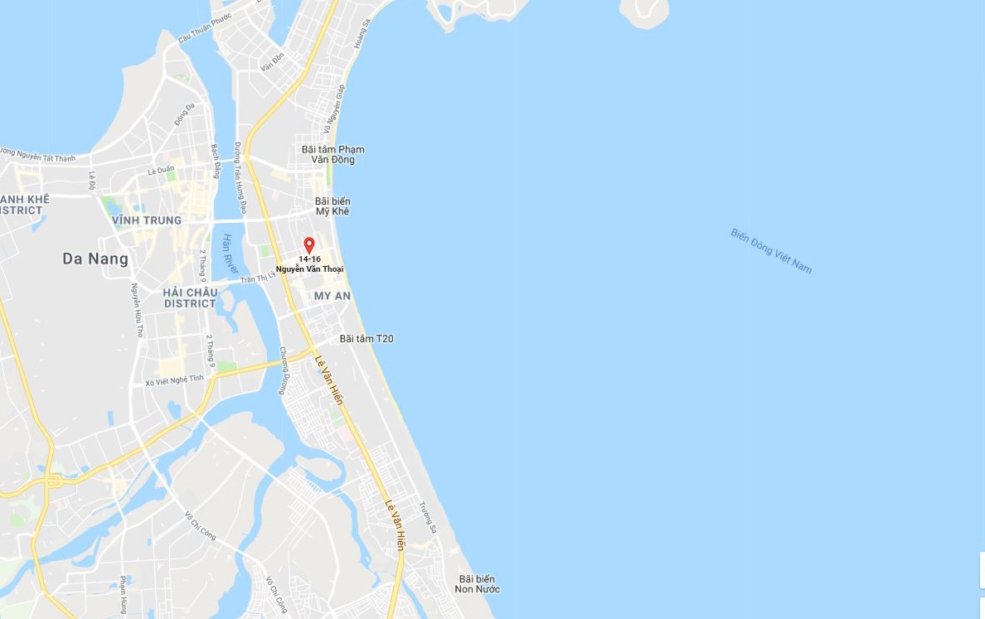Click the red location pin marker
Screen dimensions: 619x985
point(309,245)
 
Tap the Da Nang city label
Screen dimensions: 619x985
point(95,259)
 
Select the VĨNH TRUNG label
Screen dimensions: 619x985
point(146,220)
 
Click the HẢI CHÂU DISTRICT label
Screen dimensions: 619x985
point(190,298)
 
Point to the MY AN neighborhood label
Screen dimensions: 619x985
point(332,296)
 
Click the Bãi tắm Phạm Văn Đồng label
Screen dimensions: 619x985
point(332,155)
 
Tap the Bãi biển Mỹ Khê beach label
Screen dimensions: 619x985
point(332,206)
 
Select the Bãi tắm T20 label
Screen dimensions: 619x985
point(366,339)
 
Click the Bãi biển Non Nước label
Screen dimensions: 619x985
point(477,584)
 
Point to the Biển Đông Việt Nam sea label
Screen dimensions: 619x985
point(771,250)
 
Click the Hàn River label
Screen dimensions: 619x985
point(230,254)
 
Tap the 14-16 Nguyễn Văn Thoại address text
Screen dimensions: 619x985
point(309,264)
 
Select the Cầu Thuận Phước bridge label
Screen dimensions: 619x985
point(204,27)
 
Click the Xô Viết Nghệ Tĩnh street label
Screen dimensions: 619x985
point(174,380)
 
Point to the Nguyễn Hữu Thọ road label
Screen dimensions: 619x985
point(137,310)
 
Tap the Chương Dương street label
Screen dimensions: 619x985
point(284,370)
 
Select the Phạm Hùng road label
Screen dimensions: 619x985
point(124,594)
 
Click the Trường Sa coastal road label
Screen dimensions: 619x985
point(428,517)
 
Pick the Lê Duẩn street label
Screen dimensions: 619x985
point(161,170)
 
